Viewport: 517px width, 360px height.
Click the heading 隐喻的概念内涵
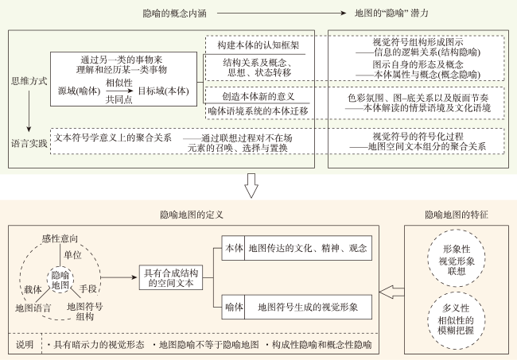tap(174, 14)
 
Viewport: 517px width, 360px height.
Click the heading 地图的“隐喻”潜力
tap(391, 14)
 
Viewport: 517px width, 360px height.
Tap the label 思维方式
tap(29, 81)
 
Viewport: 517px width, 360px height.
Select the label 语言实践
tap(29, 144)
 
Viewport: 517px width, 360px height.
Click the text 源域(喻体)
tap(79, 91)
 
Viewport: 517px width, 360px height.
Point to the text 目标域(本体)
tap(164, 91)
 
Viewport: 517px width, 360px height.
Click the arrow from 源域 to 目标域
tap(119, 91)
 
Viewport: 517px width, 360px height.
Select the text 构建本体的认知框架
tap(258, 45)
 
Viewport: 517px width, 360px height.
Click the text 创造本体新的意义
tap(258, 96)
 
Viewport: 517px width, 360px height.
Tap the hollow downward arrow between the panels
tap(251, 186)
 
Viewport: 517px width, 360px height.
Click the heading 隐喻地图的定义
tap(192, 215)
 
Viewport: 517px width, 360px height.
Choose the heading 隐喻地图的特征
tap(457, 215)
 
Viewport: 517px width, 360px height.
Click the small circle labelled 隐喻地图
tap(60, 280)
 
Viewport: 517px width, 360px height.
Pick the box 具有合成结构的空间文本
tap(171, 277)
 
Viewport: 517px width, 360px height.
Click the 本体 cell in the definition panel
tap(233, 248)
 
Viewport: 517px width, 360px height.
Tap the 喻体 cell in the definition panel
tap(233, 308)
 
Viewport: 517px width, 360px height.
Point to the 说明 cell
tap(25, 344)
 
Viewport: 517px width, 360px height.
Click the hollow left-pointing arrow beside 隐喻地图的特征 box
tap(391, 292)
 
